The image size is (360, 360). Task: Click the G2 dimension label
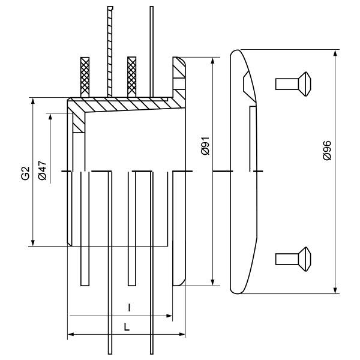coord(26,173)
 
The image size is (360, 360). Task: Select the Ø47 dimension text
coord(43,170)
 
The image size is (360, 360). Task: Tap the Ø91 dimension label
coord(205,146)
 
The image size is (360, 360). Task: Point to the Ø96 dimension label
coord(327,150)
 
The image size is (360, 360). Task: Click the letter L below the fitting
coord(127,327)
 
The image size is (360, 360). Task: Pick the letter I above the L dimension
coord(129,308)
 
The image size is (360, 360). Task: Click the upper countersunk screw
coord(293,84)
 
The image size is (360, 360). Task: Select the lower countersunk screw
coord(293,259)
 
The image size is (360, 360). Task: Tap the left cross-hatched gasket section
coord(85,77)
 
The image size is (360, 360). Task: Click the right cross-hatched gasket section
coord(131,77)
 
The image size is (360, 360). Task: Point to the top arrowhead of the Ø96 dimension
coord(335,53)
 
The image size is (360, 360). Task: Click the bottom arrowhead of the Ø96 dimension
coord(335,290)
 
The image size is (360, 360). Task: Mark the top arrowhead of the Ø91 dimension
coord(213,61)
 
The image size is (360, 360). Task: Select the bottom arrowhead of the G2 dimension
coord(33,242)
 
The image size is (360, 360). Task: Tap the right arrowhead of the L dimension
coord(181,334)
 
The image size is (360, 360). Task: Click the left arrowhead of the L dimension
coord(71,334)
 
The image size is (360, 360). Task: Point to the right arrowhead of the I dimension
coord(169,316)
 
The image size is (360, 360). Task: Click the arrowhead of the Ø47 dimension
coord(50,117)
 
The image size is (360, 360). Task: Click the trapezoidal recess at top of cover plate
coord(249,86)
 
